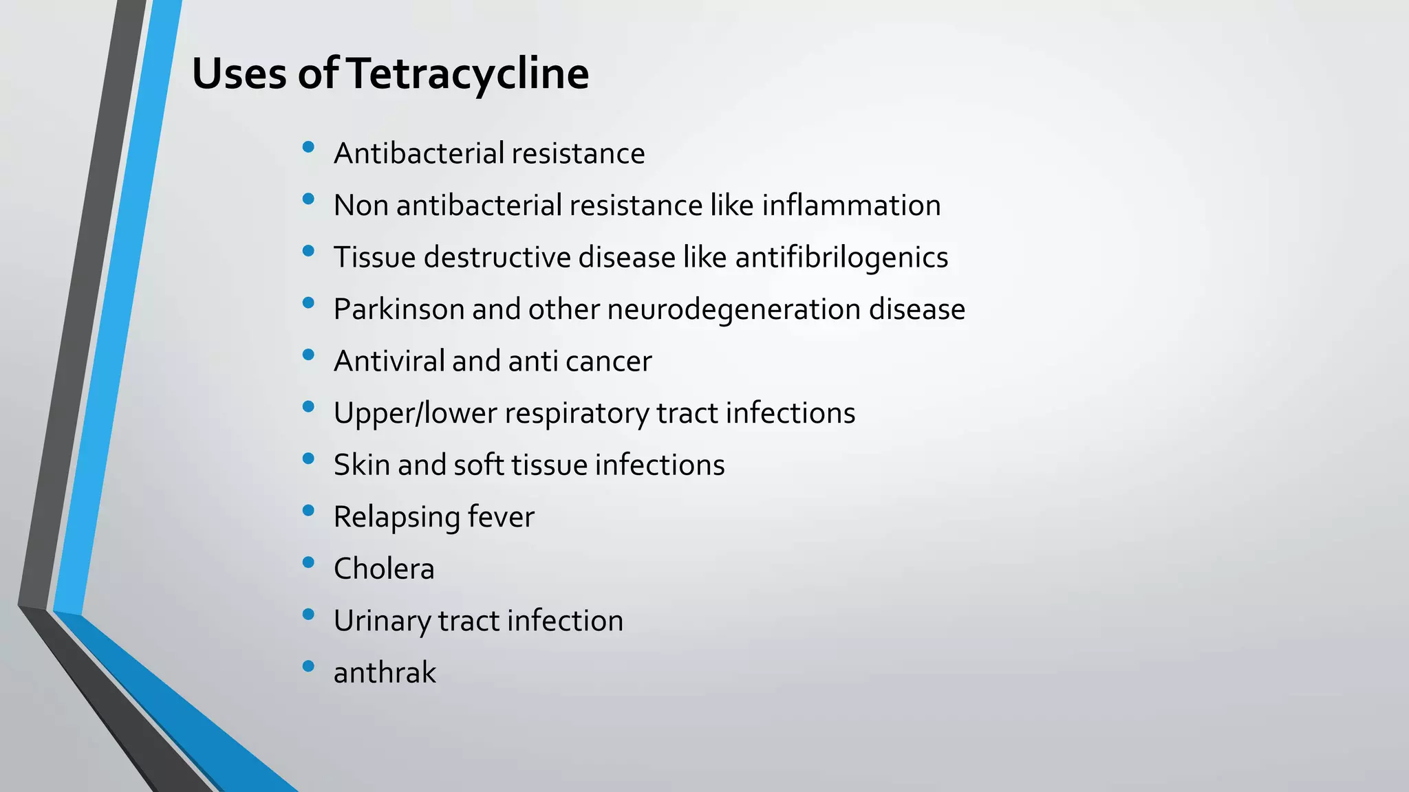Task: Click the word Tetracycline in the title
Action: tap(468, 74)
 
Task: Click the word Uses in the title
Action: tap(239, 74)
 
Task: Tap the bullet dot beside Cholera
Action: tap(308, 562)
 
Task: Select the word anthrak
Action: tap(385, 672)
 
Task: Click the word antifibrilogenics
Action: tap(841, 257)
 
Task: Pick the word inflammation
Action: tap(851, 206)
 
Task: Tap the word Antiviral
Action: tap(389, 361)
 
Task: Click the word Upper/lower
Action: tap(415, 413)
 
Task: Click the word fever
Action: tap(501, 517)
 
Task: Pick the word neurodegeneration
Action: tap(733, 309)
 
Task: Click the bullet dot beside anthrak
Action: tap(308, 666)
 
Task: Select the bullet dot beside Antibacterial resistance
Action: tap(308, 147)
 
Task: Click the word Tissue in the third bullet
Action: tap(374, 257)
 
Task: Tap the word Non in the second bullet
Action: tap(361, 206)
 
